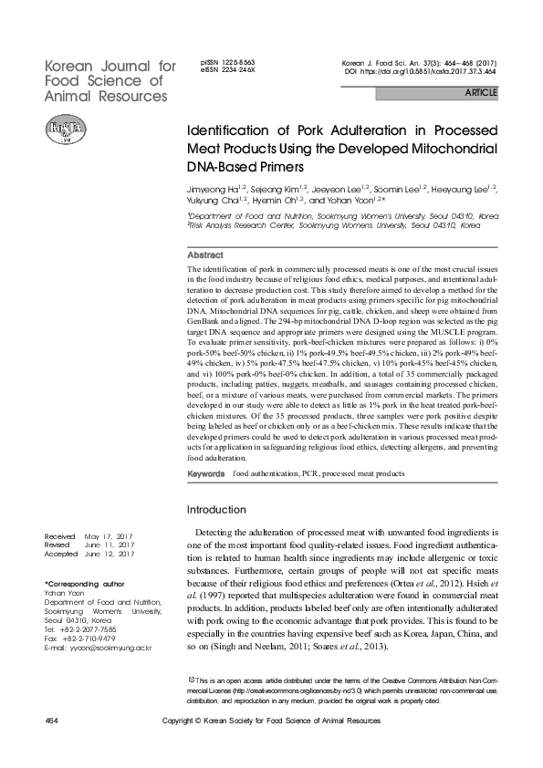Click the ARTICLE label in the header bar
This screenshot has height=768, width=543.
point(482,93)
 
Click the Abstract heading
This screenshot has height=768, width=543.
point(204,255)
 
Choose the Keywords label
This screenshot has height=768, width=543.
point(205,475)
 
